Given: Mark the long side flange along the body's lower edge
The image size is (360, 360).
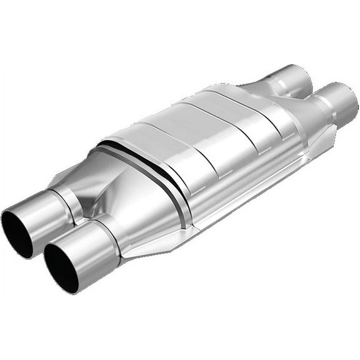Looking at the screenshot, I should point(250,187).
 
